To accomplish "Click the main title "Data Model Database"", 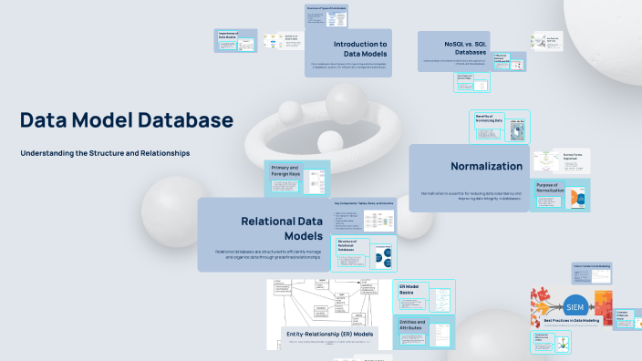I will pyautogui.click(x=127, y=120).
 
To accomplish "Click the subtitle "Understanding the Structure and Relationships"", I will pyautogui.click(x=105, y=153).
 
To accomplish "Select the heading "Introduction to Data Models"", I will pyautogui.click(x=359, y=48).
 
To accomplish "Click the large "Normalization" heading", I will pyautogui.click(x=486, y=166).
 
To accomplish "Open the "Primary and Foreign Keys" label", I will pyautogui.click(x=285, y=170).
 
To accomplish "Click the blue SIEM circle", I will pyautogui.click(x=575, y=304).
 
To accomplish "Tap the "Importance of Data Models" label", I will pyautogui.click(x=228, y=37).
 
